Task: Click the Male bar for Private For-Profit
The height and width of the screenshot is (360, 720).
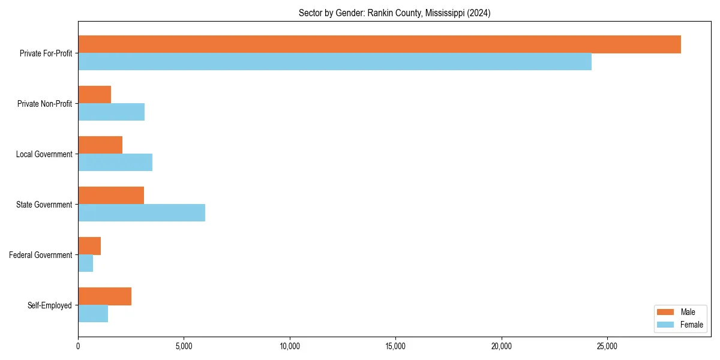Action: click(x=379, y=44)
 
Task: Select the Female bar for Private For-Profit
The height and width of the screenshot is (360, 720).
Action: click(x=335, y=62)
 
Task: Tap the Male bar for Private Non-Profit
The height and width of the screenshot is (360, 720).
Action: click(x=95, y=95)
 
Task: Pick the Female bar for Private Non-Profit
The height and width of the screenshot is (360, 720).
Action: click(x=112, y=112)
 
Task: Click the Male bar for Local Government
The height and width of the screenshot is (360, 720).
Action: click(x=100, y=145)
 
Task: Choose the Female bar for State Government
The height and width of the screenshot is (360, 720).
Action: click(x=142, y=213)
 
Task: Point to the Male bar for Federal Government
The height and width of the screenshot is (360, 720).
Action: click(x=89, y=246)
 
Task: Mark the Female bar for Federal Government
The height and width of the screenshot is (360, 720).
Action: click(x=86, y=263)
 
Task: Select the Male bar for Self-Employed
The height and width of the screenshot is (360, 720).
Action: click(x=105, y=296)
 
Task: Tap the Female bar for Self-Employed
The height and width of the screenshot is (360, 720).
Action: click(x=93, y=314)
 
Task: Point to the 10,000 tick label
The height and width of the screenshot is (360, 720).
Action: click(x=290, y=346)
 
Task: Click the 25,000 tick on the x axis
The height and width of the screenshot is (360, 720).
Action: click(x=607, y=346)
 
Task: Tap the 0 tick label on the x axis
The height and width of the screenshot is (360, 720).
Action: click(x=78, y=346)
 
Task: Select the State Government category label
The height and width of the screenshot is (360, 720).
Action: click(x=44, y=205)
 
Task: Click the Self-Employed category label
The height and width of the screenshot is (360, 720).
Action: click(x=50, y=305)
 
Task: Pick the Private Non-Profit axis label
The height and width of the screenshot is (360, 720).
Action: click(x=44, y=104)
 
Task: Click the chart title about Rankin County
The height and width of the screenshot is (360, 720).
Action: click(x=394, y=13)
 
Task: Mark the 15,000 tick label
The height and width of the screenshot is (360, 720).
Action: click(x=395, y=346)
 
